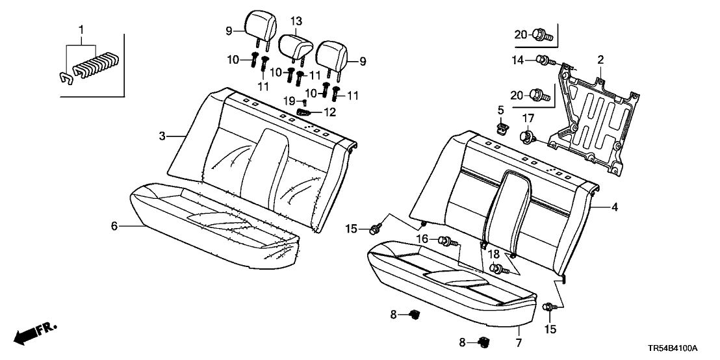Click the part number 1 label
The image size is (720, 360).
(x=81, y=31)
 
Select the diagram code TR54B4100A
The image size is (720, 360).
(x=682, y=349)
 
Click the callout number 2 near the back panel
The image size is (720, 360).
(x=600, y=60)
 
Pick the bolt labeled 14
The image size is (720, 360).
(x=545, y=61)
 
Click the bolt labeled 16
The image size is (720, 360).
(x=446, y=241)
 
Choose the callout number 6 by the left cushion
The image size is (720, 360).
(x=114, y=225)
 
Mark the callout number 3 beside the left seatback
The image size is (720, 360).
(x=162, y=136)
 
